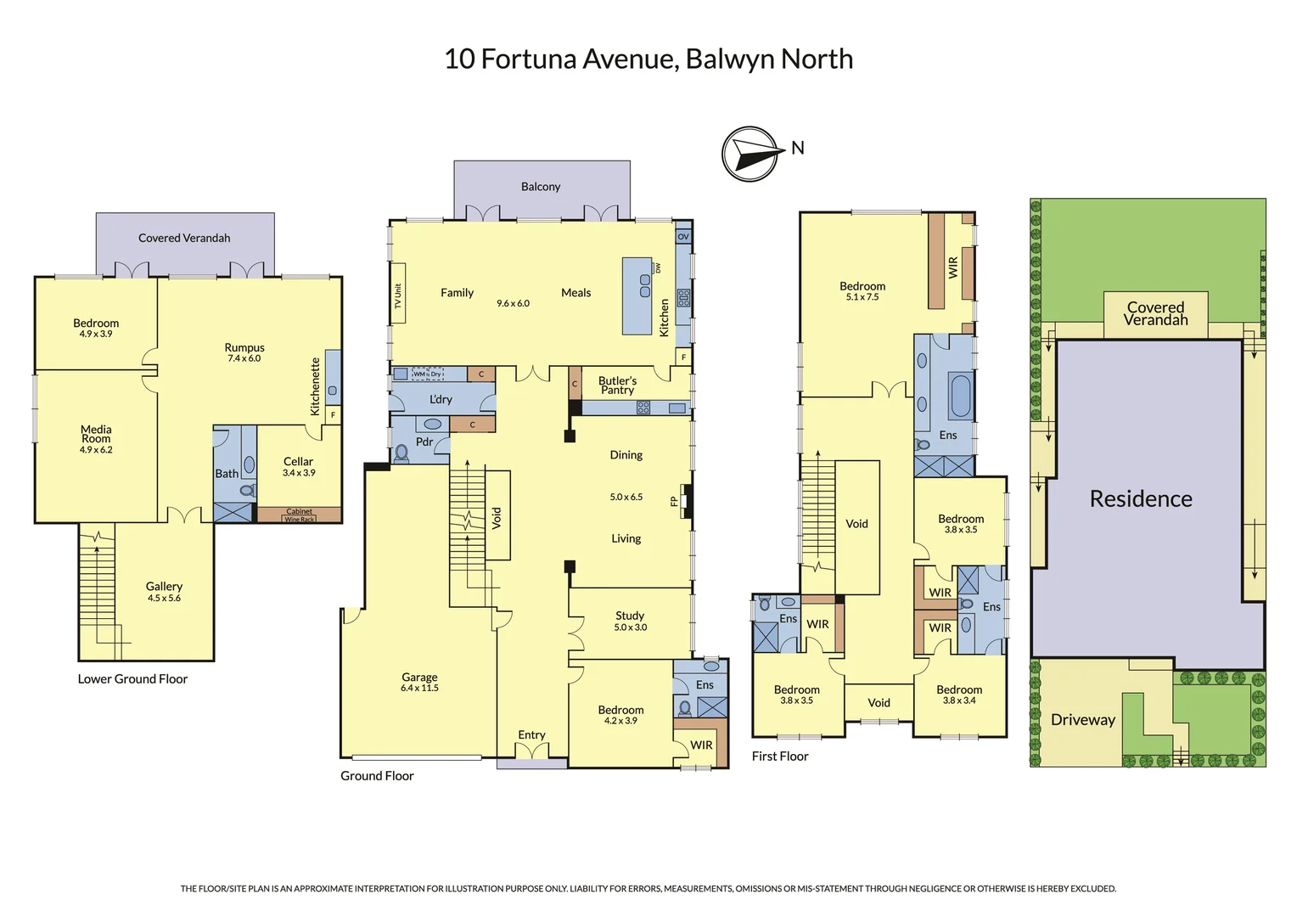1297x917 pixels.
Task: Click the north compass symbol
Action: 750,154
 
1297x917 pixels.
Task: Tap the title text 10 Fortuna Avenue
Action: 648,59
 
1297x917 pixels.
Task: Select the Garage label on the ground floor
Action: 419,678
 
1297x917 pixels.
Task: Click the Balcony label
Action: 541,187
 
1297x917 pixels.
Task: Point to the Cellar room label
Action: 298,462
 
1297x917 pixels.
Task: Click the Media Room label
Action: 96,434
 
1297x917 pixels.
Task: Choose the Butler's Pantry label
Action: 617,385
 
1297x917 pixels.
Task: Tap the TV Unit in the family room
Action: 397,295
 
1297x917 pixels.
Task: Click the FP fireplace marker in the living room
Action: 675,501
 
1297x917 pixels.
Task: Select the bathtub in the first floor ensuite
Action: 960,396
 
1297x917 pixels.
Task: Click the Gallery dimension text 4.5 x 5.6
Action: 164,599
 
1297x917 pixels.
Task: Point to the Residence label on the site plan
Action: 1140,499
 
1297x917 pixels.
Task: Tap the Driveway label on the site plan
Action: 1082,720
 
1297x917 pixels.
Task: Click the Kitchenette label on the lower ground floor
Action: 315,386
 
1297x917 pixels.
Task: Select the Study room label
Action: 630,616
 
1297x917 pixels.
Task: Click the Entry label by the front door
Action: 531,735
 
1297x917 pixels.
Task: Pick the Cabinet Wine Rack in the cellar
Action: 299,515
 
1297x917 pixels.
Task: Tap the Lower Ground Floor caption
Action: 132,679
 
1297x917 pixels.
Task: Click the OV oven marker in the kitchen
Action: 683,237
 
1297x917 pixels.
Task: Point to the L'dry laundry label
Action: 441,399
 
